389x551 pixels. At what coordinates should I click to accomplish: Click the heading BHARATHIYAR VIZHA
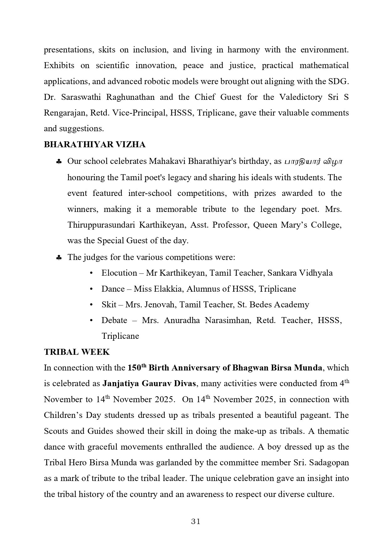click(x=95, y=145)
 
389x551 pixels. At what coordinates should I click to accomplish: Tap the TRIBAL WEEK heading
click(x=77, y=352)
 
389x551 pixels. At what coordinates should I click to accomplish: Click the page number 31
click(x=196, y=521)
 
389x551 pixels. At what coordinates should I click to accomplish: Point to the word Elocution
click(x=119, y=273)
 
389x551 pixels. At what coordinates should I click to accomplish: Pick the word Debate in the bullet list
click(x=114, y=321)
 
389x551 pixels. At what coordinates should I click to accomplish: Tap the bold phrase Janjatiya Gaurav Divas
click(x=149, y=384)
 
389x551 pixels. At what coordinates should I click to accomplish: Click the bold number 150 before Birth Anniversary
click(x=135, y=368)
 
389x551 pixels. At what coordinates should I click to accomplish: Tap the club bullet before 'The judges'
click(x=59, y=258)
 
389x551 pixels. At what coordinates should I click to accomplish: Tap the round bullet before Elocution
click(x=91, y=273)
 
